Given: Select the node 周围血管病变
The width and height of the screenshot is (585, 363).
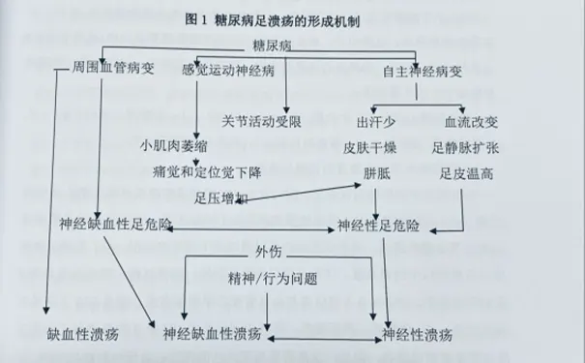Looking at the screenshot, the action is click(x=112, y=71).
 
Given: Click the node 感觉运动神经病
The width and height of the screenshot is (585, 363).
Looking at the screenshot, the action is click(x=227, y=71).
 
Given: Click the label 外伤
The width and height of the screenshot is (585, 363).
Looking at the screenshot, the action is click(x=268, y=253).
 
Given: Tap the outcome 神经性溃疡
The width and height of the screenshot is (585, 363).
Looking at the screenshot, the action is click(x=417, y=336).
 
